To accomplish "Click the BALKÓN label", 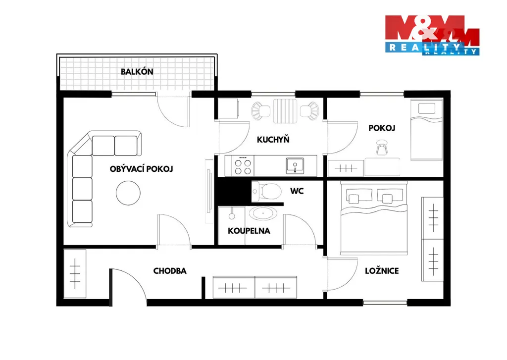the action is point(137,71).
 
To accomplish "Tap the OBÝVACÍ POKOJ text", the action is point(141,169).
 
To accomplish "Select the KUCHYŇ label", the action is point(273,140).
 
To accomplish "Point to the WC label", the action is point(297,191).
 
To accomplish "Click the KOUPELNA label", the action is point(249,231).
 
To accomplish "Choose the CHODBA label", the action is point(170,271).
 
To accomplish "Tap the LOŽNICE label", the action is point(382,271).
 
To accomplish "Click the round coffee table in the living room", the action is point(128,193).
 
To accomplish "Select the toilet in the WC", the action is point(266,191).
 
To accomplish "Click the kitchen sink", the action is point(295,165).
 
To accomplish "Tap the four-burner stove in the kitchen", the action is point(243,165).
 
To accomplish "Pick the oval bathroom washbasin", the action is point(262,213).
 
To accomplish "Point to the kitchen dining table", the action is point(285,111).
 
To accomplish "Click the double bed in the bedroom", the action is point(374,218).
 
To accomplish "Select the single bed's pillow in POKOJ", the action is point(426,108).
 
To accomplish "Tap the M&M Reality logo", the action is point(432,35).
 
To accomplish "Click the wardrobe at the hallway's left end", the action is point(75,273).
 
